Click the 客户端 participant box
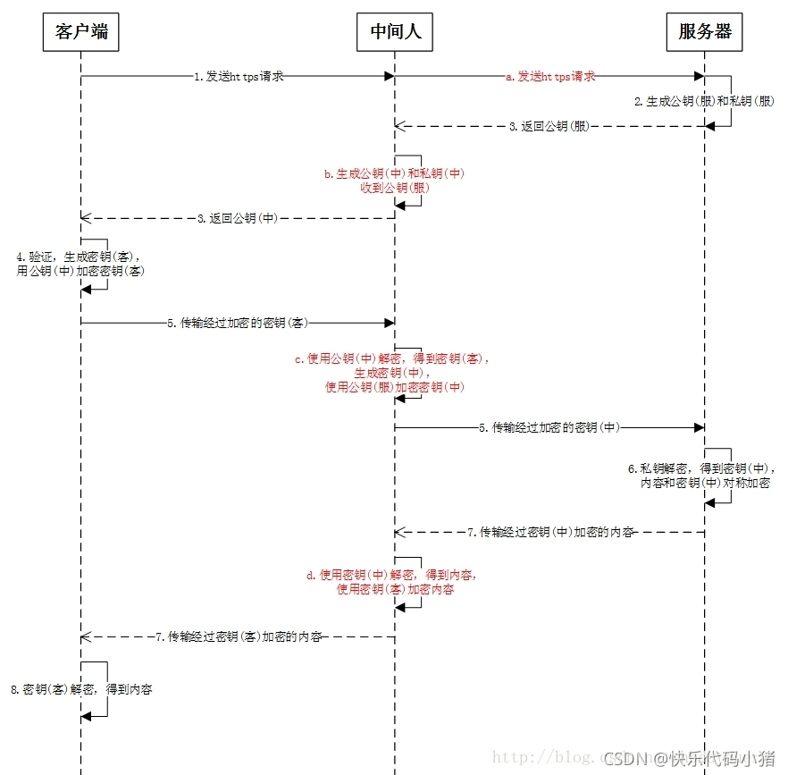(x=80, y=32)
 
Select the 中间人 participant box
(x=395, y=32)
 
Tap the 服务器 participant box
(x=705, y=32)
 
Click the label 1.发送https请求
(x=239, y=77)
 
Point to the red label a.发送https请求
(x=550, y=77)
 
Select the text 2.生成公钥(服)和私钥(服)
(x=705, y=102)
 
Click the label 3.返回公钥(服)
(x=549, y=127)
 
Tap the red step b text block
(x=394, y=181)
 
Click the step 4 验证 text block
(x=80, y=264)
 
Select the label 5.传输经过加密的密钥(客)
(x=237, y=324)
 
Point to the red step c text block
(x=394, y=373)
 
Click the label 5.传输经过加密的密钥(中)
(x=549, y=428)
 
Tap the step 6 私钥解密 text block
(x=705, y=476)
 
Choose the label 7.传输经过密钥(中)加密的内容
(x=550, y=533)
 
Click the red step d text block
(x=394, y=583)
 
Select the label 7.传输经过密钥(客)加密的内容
(x=239, y=637)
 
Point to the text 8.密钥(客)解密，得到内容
(x=81, y=690)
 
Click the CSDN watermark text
(x=689, y=759)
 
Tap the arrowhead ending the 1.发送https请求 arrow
(x=389, y=77)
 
